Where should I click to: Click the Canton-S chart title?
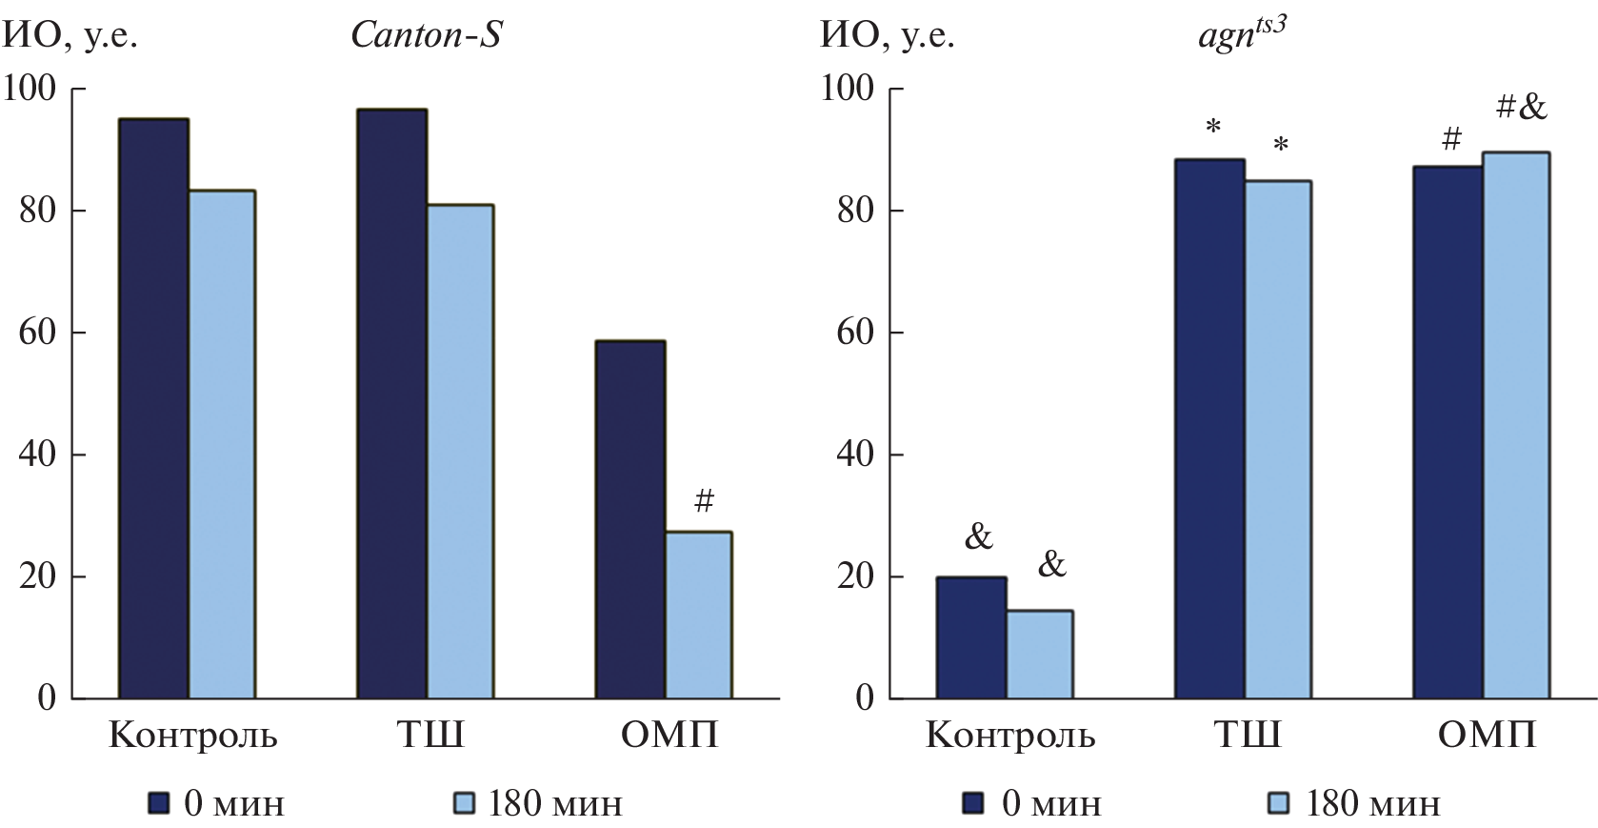(426, 35)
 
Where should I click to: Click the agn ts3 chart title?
(1242, 36)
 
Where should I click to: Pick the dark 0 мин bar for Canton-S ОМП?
(630, 519)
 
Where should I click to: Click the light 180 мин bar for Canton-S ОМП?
(698, 615)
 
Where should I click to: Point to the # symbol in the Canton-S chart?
(704, 500)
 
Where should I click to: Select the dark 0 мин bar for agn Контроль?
(971, 637)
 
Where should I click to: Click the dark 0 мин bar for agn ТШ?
(1209, 429)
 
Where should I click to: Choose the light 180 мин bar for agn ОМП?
(1516, 425)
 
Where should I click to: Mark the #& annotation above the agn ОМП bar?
(1521, 107)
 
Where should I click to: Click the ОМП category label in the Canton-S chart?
(669, 736)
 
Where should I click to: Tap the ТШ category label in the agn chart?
(1247, 736)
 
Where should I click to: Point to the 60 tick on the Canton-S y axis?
(38, 333)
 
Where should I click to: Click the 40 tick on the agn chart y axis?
(855, 454)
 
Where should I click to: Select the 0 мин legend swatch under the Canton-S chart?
(159, 803)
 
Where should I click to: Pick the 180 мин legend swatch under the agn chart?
(1280, 803)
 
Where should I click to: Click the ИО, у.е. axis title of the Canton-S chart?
(71, 36)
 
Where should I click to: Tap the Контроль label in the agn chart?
(1009, 736)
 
